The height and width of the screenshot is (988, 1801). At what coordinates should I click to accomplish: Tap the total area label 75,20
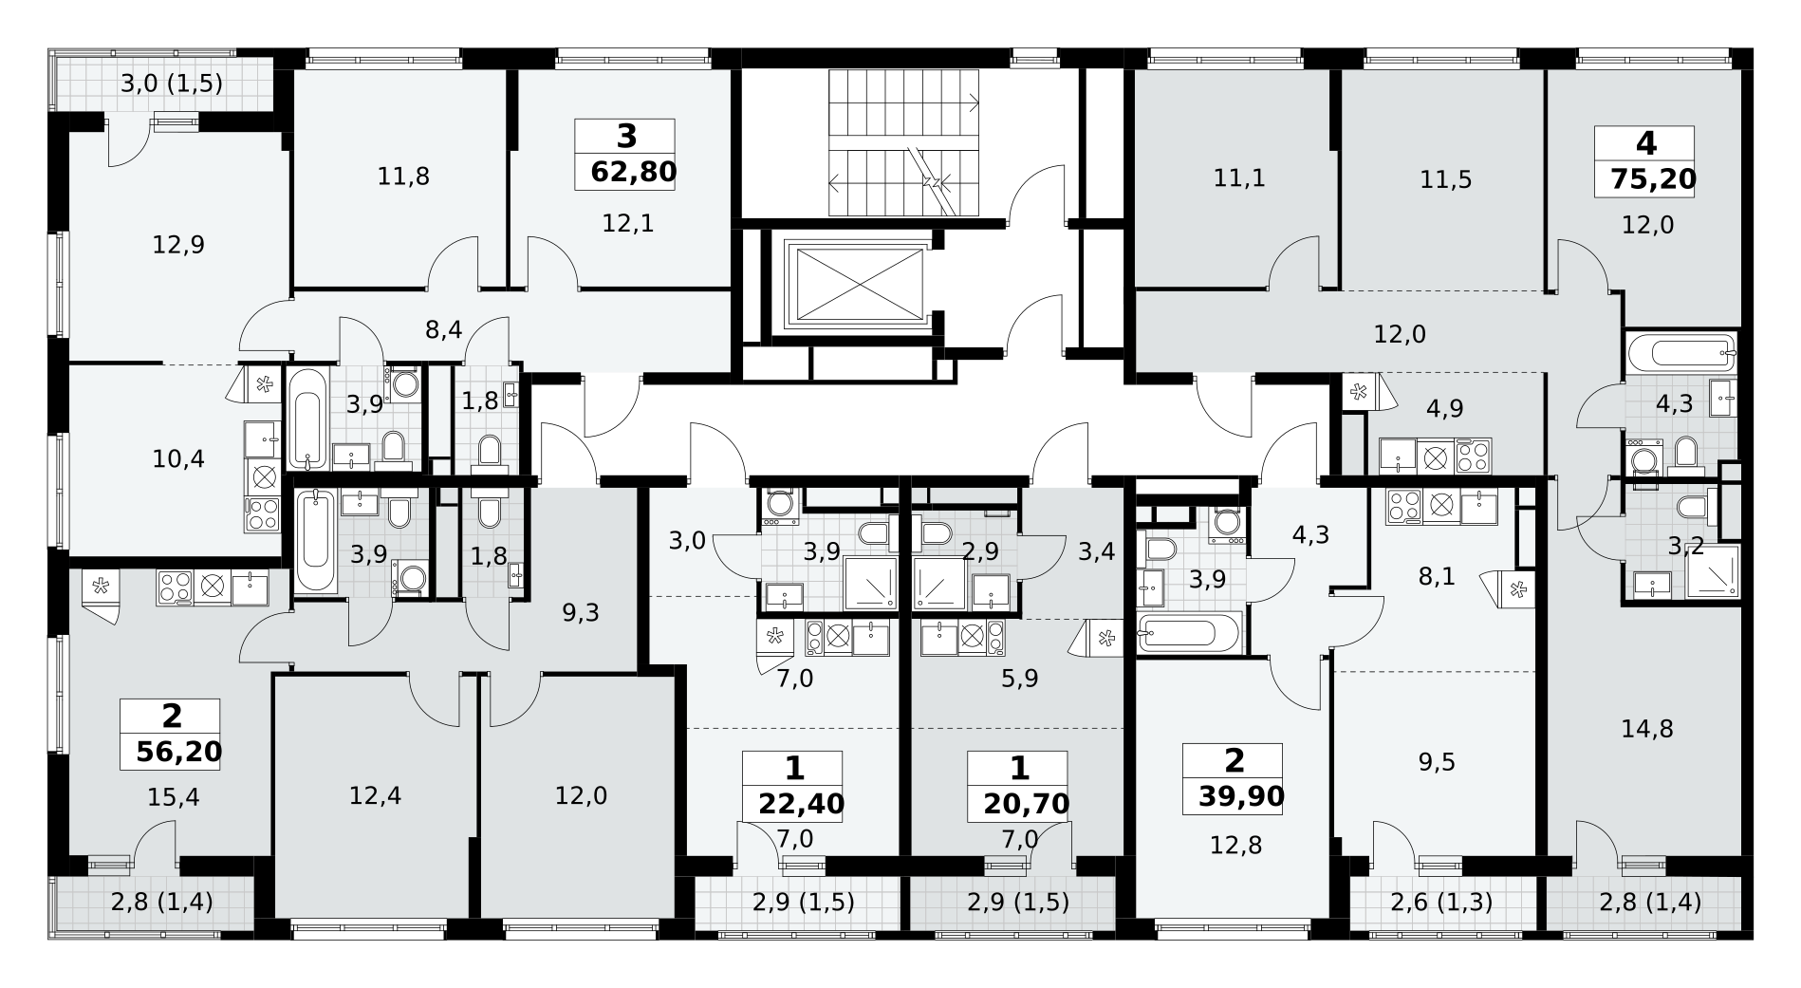pos(1652,178)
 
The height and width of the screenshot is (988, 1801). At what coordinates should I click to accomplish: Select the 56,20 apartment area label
pos(179,752)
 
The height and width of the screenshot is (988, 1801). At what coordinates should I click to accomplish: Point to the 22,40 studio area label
pos(802,804)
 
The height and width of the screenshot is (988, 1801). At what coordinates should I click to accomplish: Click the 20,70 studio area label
pos(1027,804)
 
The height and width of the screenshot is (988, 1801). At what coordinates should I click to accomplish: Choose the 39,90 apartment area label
pos(1241,795)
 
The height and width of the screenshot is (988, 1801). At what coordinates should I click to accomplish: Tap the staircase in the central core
pos(903,143)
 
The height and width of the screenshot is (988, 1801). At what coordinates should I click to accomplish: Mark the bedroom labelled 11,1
pos(1239,177)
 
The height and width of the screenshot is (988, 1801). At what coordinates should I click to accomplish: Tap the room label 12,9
pos(178,245)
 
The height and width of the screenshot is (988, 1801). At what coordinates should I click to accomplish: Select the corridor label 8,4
pos(443,330)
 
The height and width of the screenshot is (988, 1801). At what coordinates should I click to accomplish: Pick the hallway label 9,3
pos(581,612)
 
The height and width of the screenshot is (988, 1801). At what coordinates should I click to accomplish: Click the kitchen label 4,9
pos(1444,409)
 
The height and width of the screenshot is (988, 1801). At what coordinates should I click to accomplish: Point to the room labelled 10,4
pos(178,459)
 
